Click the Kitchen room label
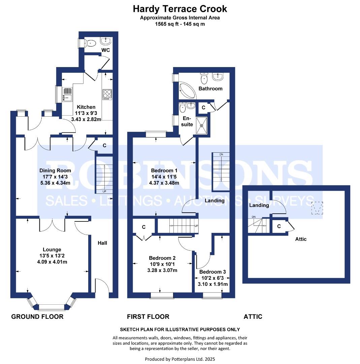pyautogui.click(x=86, y=107)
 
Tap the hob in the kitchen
pyautogui.click(x=107, y=94)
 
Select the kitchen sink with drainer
pyautogui.click(x=67, y=94)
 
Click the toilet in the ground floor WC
pyautogui.click(x=90, y=43)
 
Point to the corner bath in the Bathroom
pyautogui.click(x=187, y=90)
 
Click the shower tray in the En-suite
pyautogui.click(x=202, y=125)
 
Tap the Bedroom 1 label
pyautogui.click(x=164, y=171)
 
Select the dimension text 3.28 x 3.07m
pyautogui.click(x=162, y=270)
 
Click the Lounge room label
pyautogui.click(x=52, y=249)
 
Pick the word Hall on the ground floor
pyautogui.click(x=102, y=243)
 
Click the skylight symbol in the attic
pyautogui.click(x=317, y=208)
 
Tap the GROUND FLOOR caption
pyautogui.click(x=37, y=316)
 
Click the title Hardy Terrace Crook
pyautogui.click(x=180, y=9)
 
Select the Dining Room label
pyautogui.click(x=55, y=171)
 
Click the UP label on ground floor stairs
pyautogui.click(x=104, y=191)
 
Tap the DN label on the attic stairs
pyautogui.click(x=254, y=217)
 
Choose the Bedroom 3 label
pyautogui.click(x=212, y=272)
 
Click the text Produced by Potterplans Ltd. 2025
pyautogui.click(x=180, y=359)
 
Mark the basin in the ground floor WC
pyautogui.click(x=106, y=41)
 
